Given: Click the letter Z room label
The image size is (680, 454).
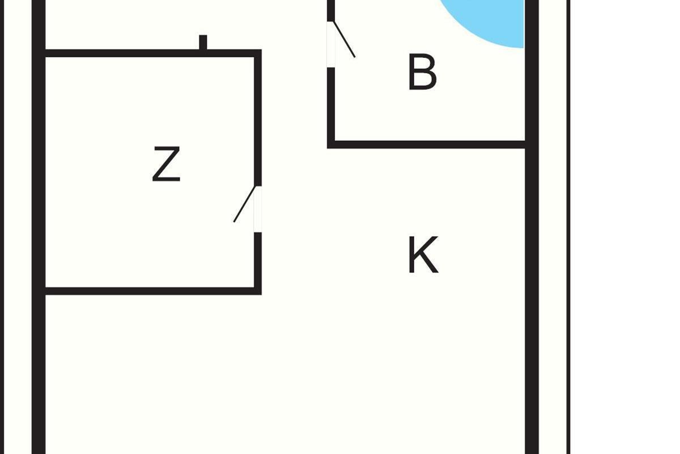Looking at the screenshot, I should pyautogui.click(x=166, y=165).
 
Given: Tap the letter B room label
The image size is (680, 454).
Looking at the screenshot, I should pyautogui.click(x=422, y=72).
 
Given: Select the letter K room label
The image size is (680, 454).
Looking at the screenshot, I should pyautogui.click(x=423, y=256).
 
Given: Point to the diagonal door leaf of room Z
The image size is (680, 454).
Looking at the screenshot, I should pyautogui.click(x=245, y=204).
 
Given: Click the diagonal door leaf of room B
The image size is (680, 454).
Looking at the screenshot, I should pyautogui.click(x=345, y=39).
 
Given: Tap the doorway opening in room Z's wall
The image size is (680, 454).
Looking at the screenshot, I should pyautogui.click(x=258, y=209).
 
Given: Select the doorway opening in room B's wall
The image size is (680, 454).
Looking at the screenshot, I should pyautogui.click(x=331, y=44).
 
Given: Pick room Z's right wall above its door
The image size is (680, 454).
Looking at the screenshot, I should pyautogui.click(x=258, y=119).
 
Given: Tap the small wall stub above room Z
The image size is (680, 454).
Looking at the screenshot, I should pyautogui.click(x=203, y=42).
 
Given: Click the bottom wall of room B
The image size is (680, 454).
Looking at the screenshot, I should pyautogui.click(x=428, y=145).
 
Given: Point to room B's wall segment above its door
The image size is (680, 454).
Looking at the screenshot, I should pyautogui.click(x=331, y=10).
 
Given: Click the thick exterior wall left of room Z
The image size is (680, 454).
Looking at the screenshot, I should pyautogui.click(x=39, y=170).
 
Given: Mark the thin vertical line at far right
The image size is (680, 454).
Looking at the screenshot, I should pyautogui.click(x=568, y=227).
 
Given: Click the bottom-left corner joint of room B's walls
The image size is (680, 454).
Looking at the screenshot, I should pyautogui.click(x=331, y=145).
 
